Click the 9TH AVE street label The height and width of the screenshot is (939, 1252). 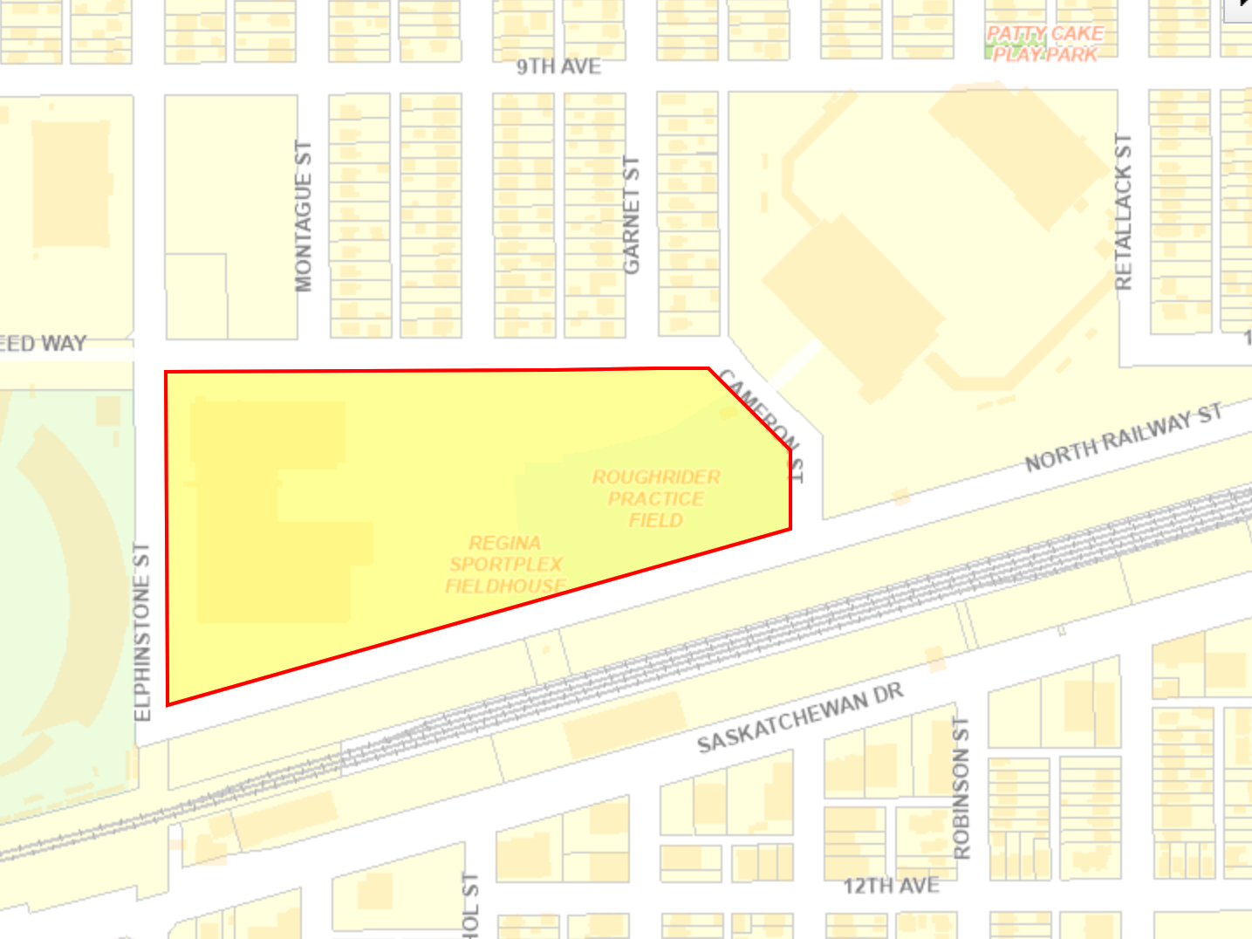(x=558, y=66)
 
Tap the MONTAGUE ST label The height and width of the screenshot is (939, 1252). (x=303, y=216)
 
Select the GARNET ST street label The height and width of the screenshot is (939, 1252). (x=631, y=215)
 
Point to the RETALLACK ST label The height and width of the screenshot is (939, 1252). (x=1124, y=212)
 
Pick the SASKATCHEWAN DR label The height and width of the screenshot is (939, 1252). (x=799, y=717)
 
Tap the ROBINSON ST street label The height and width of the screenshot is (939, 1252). (x=961, y=788)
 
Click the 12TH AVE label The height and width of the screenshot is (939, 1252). (x=891, y=886)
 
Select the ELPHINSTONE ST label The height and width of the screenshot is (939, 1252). (x=142, y=631)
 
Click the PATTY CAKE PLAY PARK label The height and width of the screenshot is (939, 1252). (x=1045, y=44)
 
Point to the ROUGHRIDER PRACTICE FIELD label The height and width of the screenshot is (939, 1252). (x=656, y=498)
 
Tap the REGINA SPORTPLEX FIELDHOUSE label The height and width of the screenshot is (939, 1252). (x=505, y=565)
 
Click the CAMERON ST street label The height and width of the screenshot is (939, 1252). (x=763, y=423)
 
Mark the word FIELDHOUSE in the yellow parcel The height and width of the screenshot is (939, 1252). (x=505, y=586)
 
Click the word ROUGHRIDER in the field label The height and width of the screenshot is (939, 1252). (x=656, y=477)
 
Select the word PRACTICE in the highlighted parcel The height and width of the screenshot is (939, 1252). (x=656, y=498)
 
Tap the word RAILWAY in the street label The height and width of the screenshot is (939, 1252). (x=1146, y=430)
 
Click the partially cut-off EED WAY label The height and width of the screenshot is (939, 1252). (x=43, y=343)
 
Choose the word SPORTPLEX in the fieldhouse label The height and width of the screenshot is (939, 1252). (x=506, y=565)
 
